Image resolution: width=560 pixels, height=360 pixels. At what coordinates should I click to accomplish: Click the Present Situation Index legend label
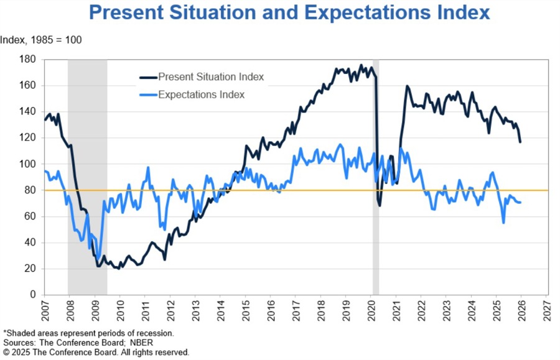pyautogui.click(x=211, y=77)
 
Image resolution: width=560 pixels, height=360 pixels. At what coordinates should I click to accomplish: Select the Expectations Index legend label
pyautogui.click(x=201, y=95)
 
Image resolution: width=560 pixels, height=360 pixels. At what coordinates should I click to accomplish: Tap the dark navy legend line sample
pyautogui.click(x=147, y=77)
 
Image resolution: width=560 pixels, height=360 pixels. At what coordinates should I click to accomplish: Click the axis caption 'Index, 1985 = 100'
pyautogui.click(x=41, y=40)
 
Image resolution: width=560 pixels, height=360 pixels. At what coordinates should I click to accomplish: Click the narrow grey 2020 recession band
pyautogui.click(x=376, y=187)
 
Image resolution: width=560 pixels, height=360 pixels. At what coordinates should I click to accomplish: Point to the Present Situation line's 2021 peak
pyautogui.click(x=408, y=86)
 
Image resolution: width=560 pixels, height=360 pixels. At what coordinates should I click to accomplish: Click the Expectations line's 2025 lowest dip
pyautogui.click(x=503, y=222)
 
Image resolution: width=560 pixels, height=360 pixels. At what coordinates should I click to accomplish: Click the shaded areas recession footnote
pyautogui.click(x=88, y=333)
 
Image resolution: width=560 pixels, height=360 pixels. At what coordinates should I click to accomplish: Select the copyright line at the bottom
pyautogui.click(x=96, y=352)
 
